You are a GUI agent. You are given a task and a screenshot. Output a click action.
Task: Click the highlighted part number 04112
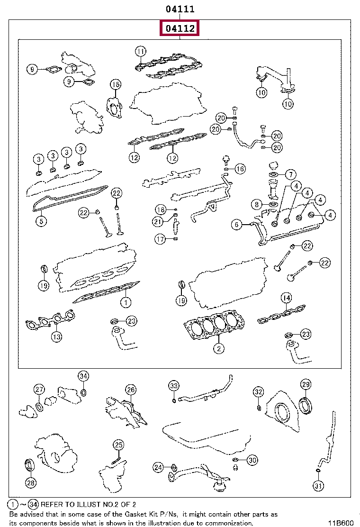(x=180, y=29)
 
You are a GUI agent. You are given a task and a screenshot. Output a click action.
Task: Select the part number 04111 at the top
(x=180, y=9)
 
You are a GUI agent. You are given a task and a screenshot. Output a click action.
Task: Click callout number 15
(x=116, y=85)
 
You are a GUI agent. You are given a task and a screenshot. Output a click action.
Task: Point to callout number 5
(x=41, y=221)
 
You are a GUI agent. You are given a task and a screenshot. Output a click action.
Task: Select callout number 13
(x=56, y=336)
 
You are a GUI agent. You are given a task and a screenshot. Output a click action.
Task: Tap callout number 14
(x=286, y=298)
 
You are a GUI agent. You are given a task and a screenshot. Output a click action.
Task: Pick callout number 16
(x=240, y=169)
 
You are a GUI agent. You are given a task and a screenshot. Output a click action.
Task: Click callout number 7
(x=290, y=174)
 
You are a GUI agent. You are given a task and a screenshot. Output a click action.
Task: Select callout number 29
(x=306, y=384)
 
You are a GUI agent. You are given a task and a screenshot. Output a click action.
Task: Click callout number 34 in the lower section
(x=83, y=376)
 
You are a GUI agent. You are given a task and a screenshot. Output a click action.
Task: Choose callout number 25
(x=118, y=445)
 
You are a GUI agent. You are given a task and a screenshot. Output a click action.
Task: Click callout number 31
(x=318, y=486)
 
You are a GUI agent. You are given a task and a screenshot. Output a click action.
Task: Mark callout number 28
(x=30, y=483)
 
